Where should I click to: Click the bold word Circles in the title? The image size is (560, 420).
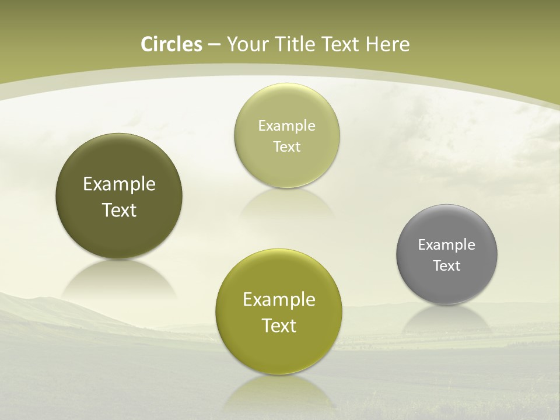171,44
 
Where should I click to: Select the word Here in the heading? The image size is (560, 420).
387,44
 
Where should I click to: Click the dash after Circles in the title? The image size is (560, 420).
213,45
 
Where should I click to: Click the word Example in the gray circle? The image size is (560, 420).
447,244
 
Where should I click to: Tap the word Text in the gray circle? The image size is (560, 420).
447,265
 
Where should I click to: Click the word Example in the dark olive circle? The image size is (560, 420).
119,184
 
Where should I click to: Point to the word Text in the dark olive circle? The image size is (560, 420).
119,210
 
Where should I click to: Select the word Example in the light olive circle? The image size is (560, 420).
286,125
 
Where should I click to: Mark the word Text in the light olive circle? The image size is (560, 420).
286,146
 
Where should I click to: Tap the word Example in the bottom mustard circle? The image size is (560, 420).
279,300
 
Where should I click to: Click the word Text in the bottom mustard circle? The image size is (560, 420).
279,325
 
